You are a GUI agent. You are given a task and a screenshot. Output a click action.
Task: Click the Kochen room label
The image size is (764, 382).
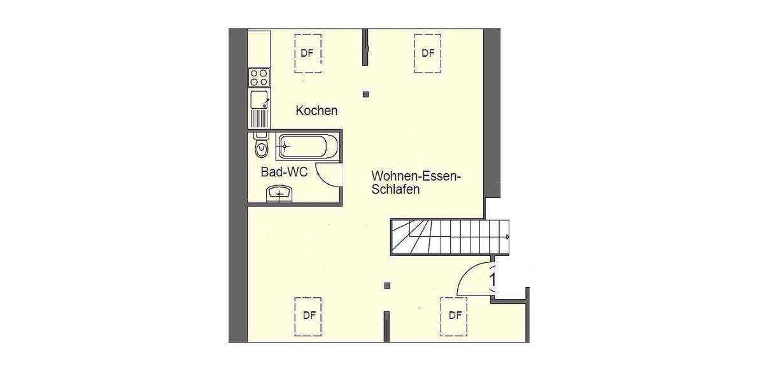[316, 111]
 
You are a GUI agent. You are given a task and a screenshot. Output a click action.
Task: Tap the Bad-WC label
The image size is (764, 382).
[284, 172]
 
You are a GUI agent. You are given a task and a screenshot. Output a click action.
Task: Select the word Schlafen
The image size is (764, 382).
[396, 189]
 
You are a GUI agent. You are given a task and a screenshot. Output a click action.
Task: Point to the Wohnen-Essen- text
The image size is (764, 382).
[416, 175]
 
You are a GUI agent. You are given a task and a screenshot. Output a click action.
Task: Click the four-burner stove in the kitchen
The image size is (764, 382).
[259, 78]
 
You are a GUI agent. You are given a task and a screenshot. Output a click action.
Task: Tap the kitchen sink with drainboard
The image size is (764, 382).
[259, 108]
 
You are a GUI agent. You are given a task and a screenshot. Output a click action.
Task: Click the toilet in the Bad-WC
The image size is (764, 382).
[260, 148]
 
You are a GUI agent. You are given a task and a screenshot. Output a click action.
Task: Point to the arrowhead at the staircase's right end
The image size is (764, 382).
[507, 237]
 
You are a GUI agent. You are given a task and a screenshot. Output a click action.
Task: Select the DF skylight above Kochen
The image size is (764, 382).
[308, 53]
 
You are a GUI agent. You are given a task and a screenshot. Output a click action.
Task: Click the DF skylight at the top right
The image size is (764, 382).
[428, 53]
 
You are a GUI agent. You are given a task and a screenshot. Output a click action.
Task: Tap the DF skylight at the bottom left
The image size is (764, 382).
[309, 315]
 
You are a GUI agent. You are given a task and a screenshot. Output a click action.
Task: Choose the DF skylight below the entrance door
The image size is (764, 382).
[455, 315]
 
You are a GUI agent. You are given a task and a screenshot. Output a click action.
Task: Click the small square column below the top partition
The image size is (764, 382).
[365, 94]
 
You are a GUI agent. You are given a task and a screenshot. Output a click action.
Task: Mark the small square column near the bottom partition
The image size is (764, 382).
[387, 285]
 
